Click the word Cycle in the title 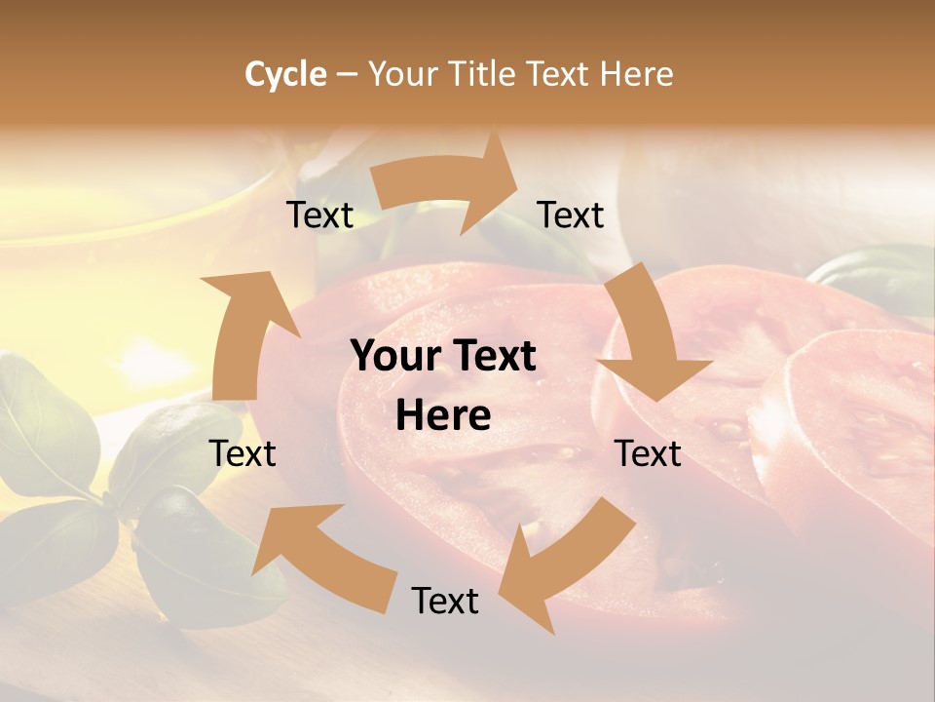click(285, 74)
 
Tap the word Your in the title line click(404, 74)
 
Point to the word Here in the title click(636, 74)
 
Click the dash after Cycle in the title click(347, 75)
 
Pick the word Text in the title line click(561, 74)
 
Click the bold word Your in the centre click(395, 357)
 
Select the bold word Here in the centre click(443, 416)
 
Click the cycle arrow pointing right click(448, 185)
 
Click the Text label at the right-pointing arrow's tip click(571, 214)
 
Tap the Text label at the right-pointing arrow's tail click(319, 214)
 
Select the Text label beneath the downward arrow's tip click(648, 453)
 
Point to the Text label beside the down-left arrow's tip click(445, 601)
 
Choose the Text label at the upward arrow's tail click(243, 453)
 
